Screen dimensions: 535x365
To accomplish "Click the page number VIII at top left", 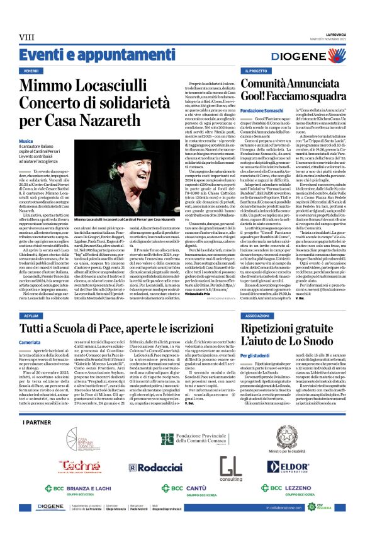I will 26,38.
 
